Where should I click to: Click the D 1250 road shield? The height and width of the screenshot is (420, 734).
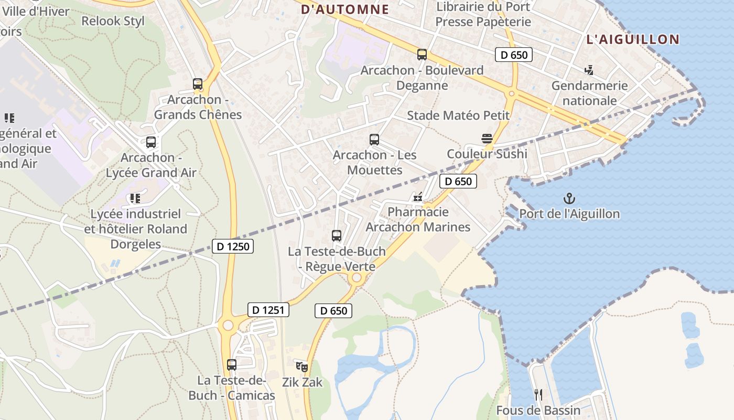click(x=233, y=246)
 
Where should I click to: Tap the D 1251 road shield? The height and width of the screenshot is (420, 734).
click(x=268, y=310)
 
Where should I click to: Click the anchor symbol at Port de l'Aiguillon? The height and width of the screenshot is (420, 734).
click(x=569, y=198)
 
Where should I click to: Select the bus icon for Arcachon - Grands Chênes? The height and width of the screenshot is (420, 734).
click(x=198, y=83)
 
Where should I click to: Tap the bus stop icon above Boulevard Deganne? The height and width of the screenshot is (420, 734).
click(x=422, y=54)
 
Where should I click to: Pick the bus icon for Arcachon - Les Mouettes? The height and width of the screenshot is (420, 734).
click(x=374, y=139)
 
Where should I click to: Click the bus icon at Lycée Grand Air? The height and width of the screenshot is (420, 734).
click(x=151, y=142)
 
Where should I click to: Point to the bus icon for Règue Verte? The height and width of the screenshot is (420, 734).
click(x=337, y=236)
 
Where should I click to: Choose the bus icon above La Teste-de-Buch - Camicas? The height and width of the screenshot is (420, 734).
click(x=232, y=364)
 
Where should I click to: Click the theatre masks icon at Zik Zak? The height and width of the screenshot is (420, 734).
click(x=302, y=366)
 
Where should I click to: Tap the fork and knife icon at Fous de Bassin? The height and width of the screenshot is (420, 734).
click(x=538, y=394)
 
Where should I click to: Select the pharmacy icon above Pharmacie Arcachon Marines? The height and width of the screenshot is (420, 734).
click(x=417, y=197)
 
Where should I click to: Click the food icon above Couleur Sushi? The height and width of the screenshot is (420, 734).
click(x=487, y=139)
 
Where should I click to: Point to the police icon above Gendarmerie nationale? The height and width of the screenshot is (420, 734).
click(x=589, y=70)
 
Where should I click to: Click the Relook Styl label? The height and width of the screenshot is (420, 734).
click(x=113, y=21)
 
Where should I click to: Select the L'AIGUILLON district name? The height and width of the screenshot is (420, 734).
click(x=633, y=39)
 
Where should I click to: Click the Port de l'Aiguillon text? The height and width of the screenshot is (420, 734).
click(x=569, y=214)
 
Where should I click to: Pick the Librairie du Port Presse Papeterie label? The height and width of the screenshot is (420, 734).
click(x=483, y=14)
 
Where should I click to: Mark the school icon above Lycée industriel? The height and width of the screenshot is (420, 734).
click(x=135, y=198)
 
